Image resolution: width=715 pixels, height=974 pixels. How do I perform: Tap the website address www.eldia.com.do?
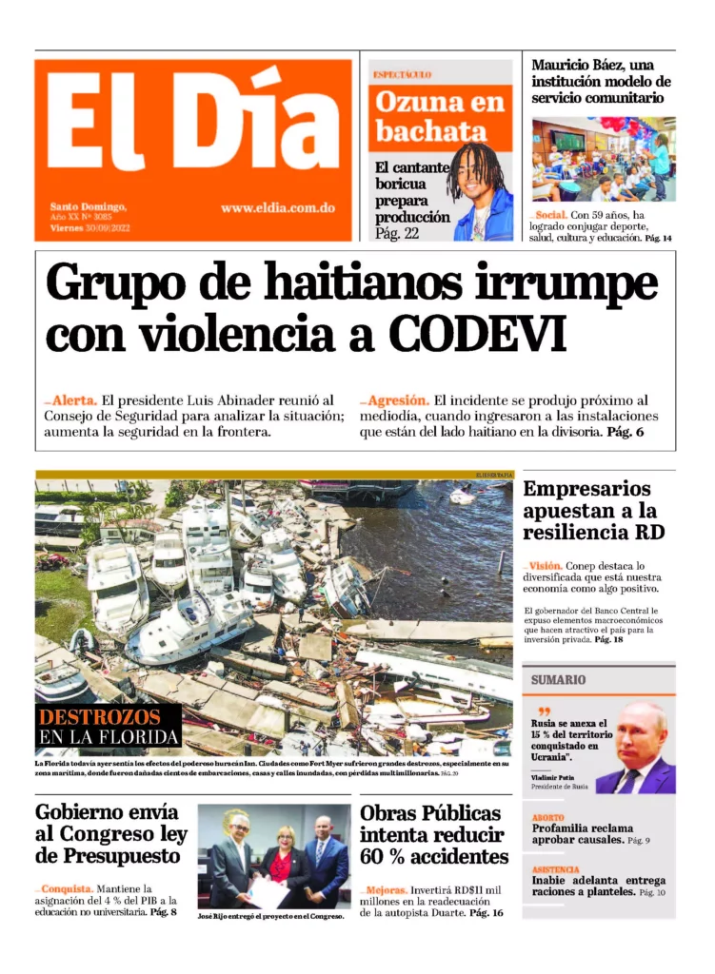[x=277, y=207]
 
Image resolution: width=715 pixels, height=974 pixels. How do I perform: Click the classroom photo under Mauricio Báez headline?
[x=604, y=159]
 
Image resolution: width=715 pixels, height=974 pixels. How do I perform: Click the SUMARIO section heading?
[x=558, y=680]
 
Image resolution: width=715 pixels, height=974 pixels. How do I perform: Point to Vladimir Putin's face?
[x=639, y=735]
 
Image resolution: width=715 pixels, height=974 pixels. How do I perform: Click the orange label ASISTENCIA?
[x=556, y=869]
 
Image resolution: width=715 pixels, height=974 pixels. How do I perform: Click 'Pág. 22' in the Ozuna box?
[x=397, y=233]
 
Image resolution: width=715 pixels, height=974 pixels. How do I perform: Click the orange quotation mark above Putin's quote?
[x=544, y=711]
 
